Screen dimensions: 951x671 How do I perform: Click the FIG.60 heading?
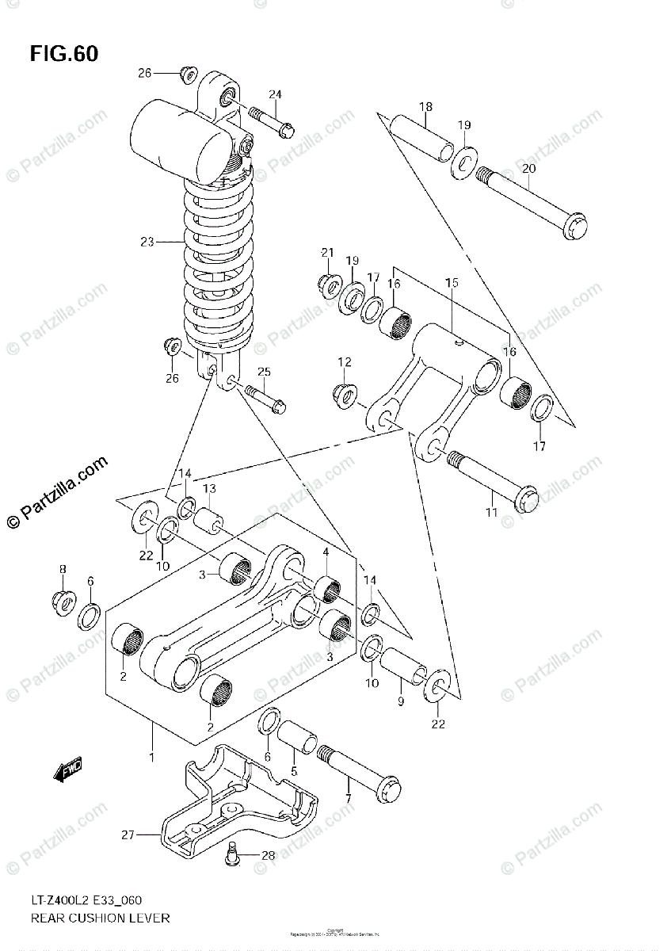[x=64, y=55]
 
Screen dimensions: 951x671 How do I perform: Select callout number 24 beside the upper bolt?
[x=274, y=95]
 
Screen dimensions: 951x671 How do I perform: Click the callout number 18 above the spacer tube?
[x=425, y=107]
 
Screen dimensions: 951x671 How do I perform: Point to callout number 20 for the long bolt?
[x=529, y=168]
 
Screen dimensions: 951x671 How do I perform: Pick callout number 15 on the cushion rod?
[x=452, y=283]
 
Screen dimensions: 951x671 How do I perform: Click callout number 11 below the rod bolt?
[x=491, y=513]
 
